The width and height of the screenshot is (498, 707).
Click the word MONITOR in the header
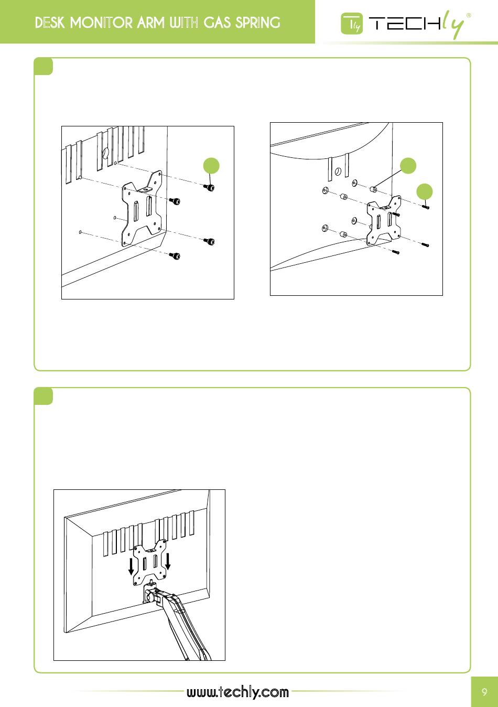click(101, 23)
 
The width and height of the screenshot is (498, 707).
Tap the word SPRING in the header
click(258, 23)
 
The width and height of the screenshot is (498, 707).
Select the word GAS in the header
click(217, 23)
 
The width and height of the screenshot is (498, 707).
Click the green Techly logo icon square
click(352, 24)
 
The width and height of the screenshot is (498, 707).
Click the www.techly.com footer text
click(237, 692)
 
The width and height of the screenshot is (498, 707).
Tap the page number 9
click(484, 692)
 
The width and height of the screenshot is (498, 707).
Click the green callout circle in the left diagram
click(211, 166)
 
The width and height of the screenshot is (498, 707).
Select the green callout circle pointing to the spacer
click(408, 165)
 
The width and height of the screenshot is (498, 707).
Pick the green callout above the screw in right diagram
click(425, 191)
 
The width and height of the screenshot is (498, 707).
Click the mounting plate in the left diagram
click(142, 208)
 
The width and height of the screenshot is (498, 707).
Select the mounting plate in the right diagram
click(384, 220)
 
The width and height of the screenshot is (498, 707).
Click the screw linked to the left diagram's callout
click(210, 188)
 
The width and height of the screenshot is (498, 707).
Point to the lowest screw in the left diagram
click(175, 255)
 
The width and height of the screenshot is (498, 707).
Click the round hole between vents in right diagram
click(338, 172)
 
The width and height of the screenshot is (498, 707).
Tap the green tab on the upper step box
click(43, 67)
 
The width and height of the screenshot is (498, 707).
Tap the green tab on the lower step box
click(43, 396)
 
